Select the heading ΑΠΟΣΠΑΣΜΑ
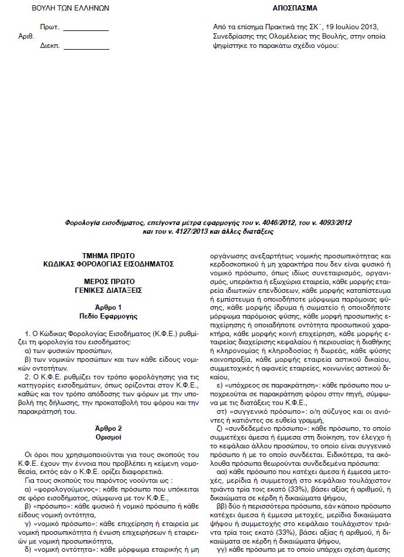(296, 9)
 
